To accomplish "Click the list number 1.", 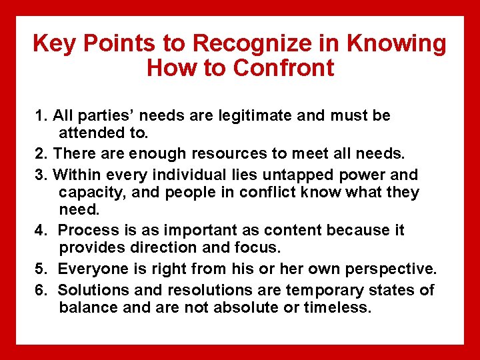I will (39, 116).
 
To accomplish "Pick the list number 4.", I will (39, 230).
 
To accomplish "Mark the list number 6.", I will (39, 290).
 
